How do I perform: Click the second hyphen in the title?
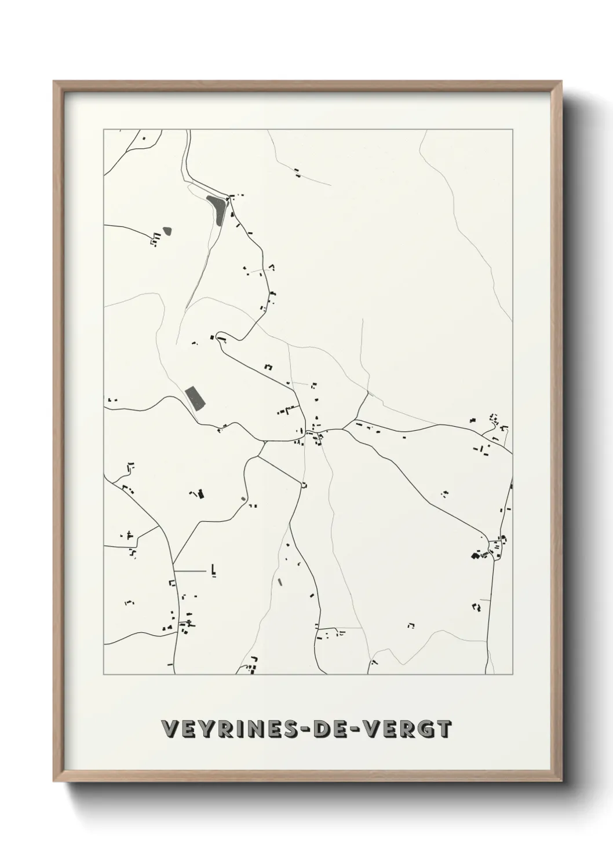pos(360,730)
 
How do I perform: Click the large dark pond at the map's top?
pos(216,209)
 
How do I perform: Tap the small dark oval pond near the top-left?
pos(167,230)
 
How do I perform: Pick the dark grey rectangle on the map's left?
pos(195,398)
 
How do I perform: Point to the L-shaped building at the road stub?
pos(214,570)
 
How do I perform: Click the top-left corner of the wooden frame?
pos(54,82)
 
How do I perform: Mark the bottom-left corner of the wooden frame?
pos(54,779)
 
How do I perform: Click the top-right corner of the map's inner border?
pos(512,130)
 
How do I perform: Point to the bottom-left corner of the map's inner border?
pos(104,675)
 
